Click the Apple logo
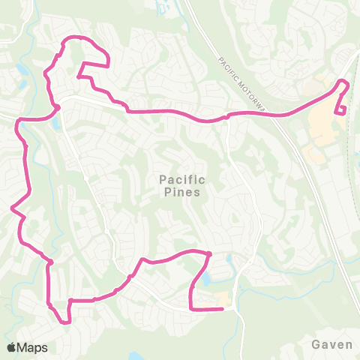click(x=11, y=347)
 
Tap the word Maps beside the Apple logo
click(x=33, y=347)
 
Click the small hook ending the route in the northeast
click(x=343, y=113)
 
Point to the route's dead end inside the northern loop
click(x=78, y=75)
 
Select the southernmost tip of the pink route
click(x=65, y=323)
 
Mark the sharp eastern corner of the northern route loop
click(x=109, y=64)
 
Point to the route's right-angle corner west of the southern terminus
click(x=192, y=307)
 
